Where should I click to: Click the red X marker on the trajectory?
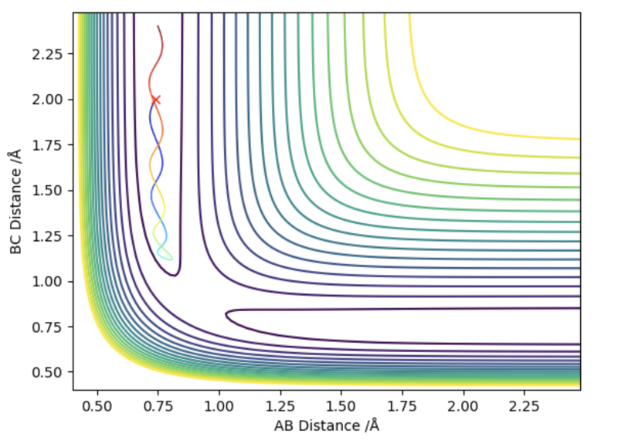[156, 100]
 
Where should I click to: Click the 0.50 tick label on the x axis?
[97, 406]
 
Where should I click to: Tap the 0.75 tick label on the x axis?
[158, 406]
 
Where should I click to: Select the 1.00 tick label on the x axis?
[219, 406]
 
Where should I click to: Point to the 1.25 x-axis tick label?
[280, 406]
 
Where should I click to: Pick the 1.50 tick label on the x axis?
[341, 406]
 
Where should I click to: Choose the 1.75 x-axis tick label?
[402, 406]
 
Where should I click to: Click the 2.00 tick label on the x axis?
[463, 406]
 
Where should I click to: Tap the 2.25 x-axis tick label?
[525, 406]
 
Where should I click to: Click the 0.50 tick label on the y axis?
[47, 372]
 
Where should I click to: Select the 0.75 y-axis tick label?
[47, 327]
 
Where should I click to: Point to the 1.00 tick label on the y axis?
[47, 282]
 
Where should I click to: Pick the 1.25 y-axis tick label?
[47, 236]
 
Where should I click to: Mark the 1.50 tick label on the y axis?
[47, 191]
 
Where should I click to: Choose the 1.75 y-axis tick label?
[47, 145]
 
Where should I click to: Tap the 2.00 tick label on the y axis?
[47, 100]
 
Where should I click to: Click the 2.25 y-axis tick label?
[47, 54]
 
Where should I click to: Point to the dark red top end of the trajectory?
[158, 26]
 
